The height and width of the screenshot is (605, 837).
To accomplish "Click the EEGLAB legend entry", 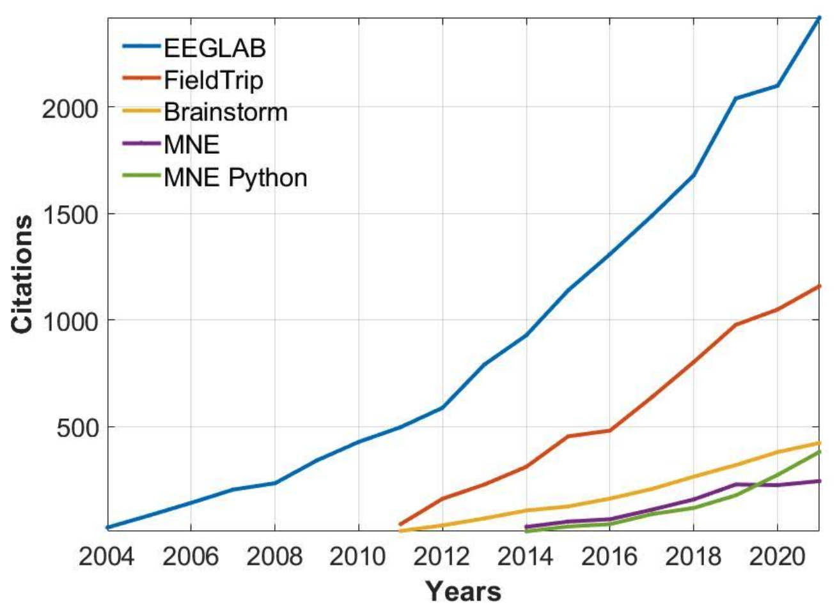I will [214, 48].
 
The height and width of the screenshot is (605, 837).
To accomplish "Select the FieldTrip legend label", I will [213, 80].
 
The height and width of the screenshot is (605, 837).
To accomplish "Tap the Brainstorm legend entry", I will [225, 112].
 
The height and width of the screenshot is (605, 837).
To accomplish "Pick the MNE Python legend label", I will [235, 177].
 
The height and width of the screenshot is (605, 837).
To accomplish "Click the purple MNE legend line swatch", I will [141, 144].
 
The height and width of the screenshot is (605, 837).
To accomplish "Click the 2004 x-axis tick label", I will [107, 557].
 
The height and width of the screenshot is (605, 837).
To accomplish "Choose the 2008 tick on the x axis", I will [274, 557].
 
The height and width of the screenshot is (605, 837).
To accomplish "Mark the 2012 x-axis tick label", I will [442, 557].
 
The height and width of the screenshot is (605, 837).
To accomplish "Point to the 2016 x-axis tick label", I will [609, 557].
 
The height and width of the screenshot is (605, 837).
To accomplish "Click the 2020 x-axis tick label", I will [777, 557].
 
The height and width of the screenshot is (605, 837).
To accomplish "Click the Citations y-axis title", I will [23, 274].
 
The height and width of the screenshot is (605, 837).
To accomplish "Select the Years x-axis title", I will [464, 591].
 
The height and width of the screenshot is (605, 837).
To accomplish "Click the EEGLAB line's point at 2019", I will [735, 98].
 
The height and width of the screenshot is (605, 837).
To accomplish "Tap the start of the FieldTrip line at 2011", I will [400, 524].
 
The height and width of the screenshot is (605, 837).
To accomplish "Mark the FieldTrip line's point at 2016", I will [609, 430].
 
